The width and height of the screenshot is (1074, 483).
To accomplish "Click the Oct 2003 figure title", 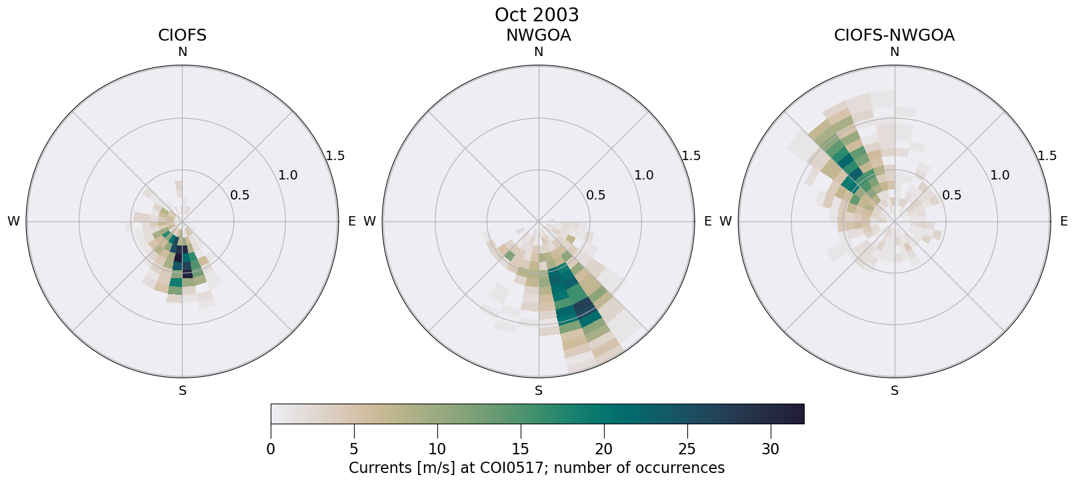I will (537, 15).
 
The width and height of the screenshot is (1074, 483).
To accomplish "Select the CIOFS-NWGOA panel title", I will (894, 35).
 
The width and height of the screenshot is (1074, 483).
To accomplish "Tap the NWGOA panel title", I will (538, 35).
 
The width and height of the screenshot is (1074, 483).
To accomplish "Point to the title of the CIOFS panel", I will (182, 35).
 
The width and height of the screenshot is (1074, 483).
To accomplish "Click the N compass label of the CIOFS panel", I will (182, 52).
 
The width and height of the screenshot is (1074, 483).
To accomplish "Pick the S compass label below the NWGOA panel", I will (539, 391).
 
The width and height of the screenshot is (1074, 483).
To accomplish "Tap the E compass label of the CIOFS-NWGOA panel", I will (1064, 221).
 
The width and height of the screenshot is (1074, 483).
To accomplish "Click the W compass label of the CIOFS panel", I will (13, 221).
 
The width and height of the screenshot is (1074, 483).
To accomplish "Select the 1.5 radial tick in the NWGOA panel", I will (691, 155).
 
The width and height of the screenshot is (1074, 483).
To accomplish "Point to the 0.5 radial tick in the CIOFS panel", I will (240, 195).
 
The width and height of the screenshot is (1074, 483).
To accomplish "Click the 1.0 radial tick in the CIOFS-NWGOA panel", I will (1000, 175).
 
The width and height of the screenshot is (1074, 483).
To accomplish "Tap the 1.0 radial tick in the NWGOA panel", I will (644, 175).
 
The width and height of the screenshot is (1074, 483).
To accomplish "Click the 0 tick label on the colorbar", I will (271, 450).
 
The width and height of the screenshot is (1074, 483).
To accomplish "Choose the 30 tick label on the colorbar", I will (770, 450).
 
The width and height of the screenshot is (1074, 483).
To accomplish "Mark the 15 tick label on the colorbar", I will (521, 450).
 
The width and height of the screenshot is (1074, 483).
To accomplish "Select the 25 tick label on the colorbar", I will (687, 450).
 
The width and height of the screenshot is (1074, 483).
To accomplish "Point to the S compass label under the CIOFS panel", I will (183, 391).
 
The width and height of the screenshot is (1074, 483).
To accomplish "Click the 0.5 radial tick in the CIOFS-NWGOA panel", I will (952, 195).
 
